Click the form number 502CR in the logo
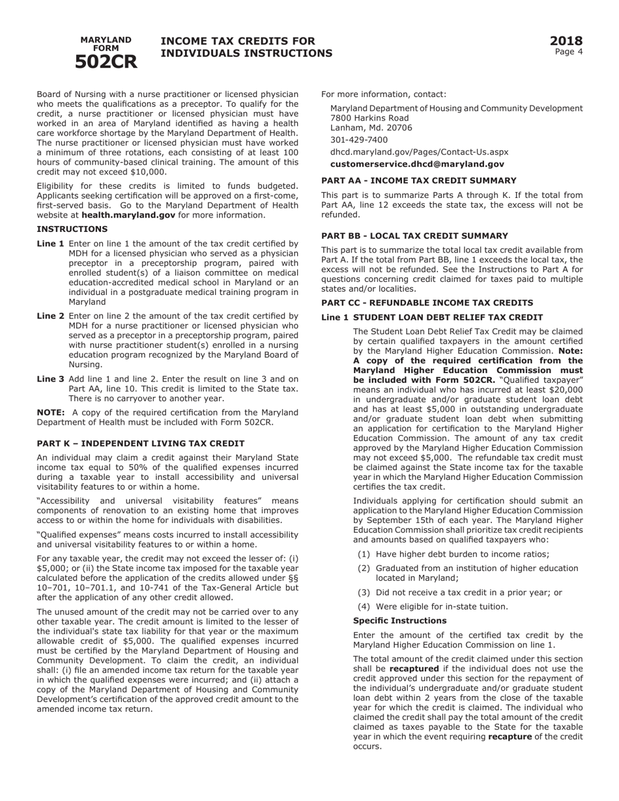click(106, 61)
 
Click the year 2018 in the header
click(566, 41)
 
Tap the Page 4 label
click(568, 52)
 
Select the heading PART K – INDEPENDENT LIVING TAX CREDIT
click(141, 443)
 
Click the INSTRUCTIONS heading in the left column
click(72, 229)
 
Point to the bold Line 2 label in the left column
click(50, 316)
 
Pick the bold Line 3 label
click(50, 379)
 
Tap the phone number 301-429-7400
click(358, 140)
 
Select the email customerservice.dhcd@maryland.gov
click(417, 165)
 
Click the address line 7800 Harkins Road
click(369, 118)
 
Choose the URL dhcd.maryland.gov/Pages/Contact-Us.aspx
click(419, 152)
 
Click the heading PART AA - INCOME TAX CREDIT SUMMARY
click(428, 180)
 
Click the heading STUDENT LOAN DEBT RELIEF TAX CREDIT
click(448, 317)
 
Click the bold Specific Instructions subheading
click(399, 621)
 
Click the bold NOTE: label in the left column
click(50, 412)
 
